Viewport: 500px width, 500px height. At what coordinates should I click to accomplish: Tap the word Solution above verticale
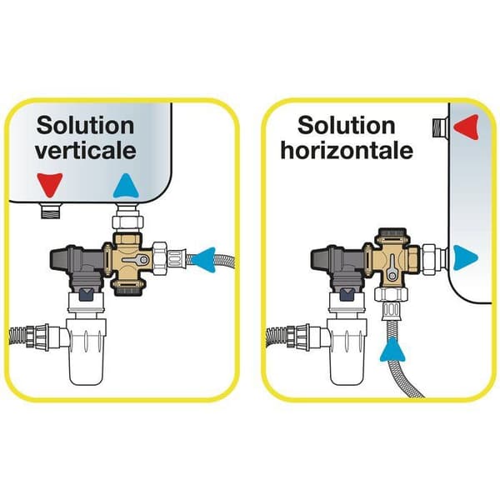tap(85, 125)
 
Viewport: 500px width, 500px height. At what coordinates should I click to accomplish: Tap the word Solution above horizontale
tap(347, 125)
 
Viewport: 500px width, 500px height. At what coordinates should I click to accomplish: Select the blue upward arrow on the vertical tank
tap(126, 186)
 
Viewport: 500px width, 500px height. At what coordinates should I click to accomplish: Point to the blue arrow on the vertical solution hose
tap(204, 259)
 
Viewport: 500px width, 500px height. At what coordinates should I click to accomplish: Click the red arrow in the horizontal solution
tap(466, 127)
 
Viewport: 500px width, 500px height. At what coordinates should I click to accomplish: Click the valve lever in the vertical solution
tap(136, 260)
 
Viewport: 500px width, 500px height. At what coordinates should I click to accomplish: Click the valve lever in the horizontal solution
tap(392, 268)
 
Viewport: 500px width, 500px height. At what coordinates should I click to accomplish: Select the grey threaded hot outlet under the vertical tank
tap(51, 211)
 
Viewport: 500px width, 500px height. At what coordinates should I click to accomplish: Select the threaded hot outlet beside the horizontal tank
tap(440, 127)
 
